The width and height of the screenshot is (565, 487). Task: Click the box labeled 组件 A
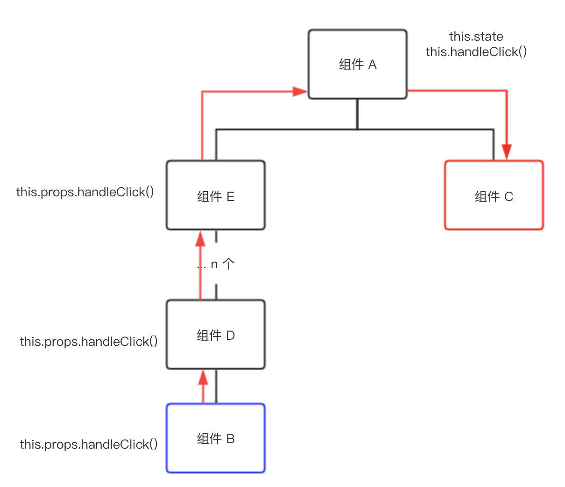pyautogui.click(x=357, y=64)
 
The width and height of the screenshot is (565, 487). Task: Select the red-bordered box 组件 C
pyautogui.click(x=494, y=195)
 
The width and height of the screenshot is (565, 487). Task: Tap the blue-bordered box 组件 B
pyautogui.click(x=216, y=438)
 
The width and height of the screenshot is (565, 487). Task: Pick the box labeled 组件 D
pyautogui.click(x=216, y=335)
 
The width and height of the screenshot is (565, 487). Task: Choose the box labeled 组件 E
pyautogui.click(x=216, y=195)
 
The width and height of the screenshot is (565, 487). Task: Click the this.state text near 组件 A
pyautogui.click(x=476, y=36)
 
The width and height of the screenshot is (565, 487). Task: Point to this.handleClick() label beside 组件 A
pyautogui.click(x=476, y=52)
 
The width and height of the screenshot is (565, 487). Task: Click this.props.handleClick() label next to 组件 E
pyautogui.click(x=85, y=192)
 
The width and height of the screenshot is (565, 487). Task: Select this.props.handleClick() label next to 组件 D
pyautogui.click(x=89, y=342)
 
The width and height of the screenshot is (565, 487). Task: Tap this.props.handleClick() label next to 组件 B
pyautogui.click(x=89, y=444)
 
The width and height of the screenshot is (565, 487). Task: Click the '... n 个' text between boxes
pyautogui.click(x=216, y=265)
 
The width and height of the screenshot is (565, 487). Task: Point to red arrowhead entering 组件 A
pyautogui.click(x=300, y=91)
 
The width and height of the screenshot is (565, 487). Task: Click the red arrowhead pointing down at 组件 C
pyautogui.click(x=507, y=152)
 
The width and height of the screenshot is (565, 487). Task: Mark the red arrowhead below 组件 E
pyautogui.click(x=200, y=239)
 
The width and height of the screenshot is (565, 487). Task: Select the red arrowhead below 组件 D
pyautogui.click(x=203, y=377)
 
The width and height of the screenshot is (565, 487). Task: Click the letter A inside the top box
pyautogui.click(x=372, y=64)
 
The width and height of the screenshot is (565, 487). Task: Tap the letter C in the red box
pyautogui.click(x=508, y=197)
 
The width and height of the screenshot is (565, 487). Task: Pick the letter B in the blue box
pyautogui.click(x=230, y=439)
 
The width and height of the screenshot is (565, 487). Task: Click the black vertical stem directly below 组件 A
pyautogui.click(x=357, y=114)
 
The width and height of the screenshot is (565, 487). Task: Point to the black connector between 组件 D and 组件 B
pyautogui.click(x=216, y=386)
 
